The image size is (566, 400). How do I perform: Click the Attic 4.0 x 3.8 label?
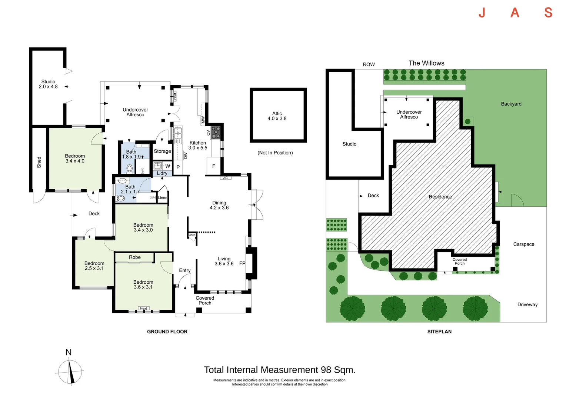click(x=277, y=116)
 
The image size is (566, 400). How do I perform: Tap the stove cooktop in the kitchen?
click(x=216, y=133)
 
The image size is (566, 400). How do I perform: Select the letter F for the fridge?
click(x=213, y=166)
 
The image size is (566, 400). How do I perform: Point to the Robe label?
click(x=135, y=257)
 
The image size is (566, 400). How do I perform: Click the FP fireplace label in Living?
click(x=242, y=263)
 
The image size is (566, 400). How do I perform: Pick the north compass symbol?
click(x=70, y=371)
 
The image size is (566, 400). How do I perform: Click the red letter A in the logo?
click(x=515, y=13)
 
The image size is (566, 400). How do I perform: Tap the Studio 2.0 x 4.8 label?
click(x=48, y=84)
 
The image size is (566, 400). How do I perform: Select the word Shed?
click(x=39, y=162)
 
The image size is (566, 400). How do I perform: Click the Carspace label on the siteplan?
click(x=523, y=244)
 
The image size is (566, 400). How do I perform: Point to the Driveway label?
click(x=527, y=304)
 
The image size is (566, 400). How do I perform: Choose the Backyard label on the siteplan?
click(x=511, y=104)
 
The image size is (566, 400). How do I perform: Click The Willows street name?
click(x=426, y=63)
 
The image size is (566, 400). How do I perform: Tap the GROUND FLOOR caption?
click(x=167, y=331)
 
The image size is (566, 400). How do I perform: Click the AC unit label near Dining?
click(x=225, y=178)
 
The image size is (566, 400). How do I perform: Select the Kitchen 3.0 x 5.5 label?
click(x=197, y=145)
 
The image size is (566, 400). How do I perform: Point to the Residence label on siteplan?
click(x=440, y=197)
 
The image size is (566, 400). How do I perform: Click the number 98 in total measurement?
click(x=326, y=370)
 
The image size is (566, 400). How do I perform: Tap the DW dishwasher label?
click(x=186, y=156)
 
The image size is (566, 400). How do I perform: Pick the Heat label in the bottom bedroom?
click(x=143, y=308)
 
